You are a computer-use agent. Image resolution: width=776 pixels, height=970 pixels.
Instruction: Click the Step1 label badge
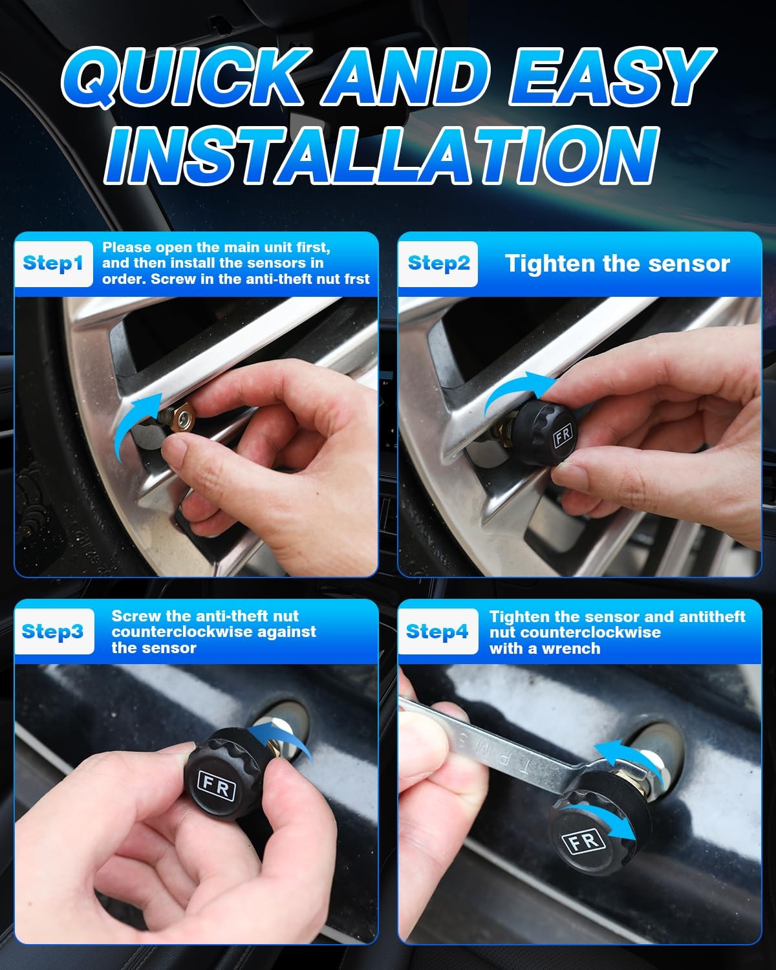tap(53, 264)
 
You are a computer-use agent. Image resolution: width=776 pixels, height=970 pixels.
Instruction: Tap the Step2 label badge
tap(438, 264)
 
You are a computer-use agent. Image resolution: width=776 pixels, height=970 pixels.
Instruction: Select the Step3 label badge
tap(53, 632)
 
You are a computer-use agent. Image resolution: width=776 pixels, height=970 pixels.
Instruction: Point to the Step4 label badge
tap(437, 632)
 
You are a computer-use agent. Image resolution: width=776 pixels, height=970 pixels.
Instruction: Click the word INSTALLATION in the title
tap(382, 155)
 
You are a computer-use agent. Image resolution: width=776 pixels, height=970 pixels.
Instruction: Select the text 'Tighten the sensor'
tap(617, 264)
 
